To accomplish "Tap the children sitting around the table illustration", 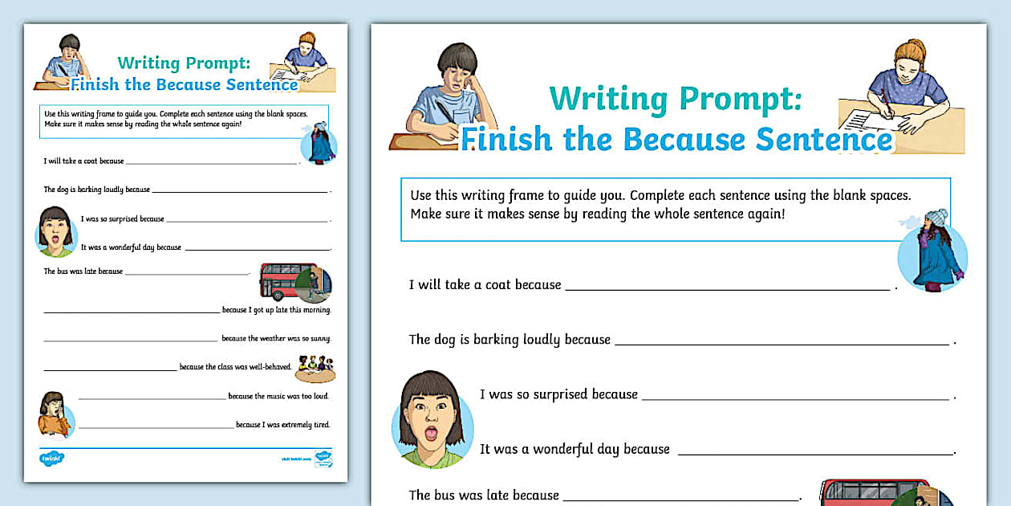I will click(x=315, y=367).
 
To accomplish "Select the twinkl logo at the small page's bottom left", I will click(x=51, y=459).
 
